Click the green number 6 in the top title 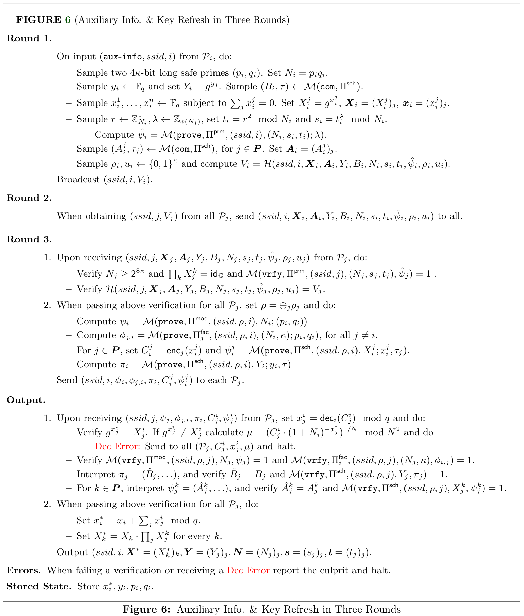point(68,20)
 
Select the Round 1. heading point(29,39)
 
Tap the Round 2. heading point(29,198)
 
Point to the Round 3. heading point(29,240)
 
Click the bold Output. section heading point(26,400)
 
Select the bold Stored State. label point(39,586)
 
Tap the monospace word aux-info point(123,57)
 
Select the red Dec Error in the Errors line point(248,570)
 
